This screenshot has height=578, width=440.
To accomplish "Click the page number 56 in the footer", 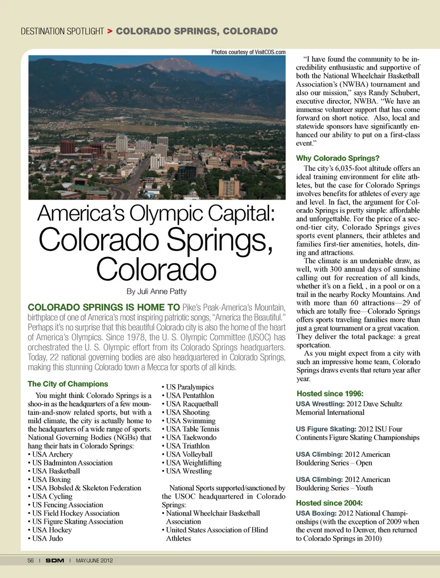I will click(x=31, y=561).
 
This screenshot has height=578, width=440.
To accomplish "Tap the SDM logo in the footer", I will click(x=55, y=561).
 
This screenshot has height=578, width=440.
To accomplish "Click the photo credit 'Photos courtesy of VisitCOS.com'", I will click(x=248, y=52).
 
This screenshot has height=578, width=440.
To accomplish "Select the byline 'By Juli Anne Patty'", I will click(x=156, y=291).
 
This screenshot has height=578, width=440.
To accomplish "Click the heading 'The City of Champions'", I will click(x=68, y=384).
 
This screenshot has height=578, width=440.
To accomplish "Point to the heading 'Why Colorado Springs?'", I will click(x=338, y=158).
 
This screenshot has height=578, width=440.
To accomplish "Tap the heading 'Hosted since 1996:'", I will click(x=330, y=394).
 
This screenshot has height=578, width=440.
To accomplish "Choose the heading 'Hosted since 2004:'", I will click(x=329, y=503).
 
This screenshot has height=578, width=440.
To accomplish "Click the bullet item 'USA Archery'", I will click(x=52, y=454).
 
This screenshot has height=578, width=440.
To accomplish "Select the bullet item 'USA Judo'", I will click(x=48, y=538).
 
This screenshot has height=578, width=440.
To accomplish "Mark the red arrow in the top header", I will click(x=110, y=31).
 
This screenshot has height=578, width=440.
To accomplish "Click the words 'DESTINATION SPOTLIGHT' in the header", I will click(x=62, y=31).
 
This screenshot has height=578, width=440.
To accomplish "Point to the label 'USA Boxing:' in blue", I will click(x=316, y=513).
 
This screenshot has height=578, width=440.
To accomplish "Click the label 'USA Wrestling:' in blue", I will click(x=320, y=404).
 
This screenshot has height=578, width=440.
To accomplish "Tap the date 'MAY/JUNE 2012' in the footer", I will click(x=94, y=561).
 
